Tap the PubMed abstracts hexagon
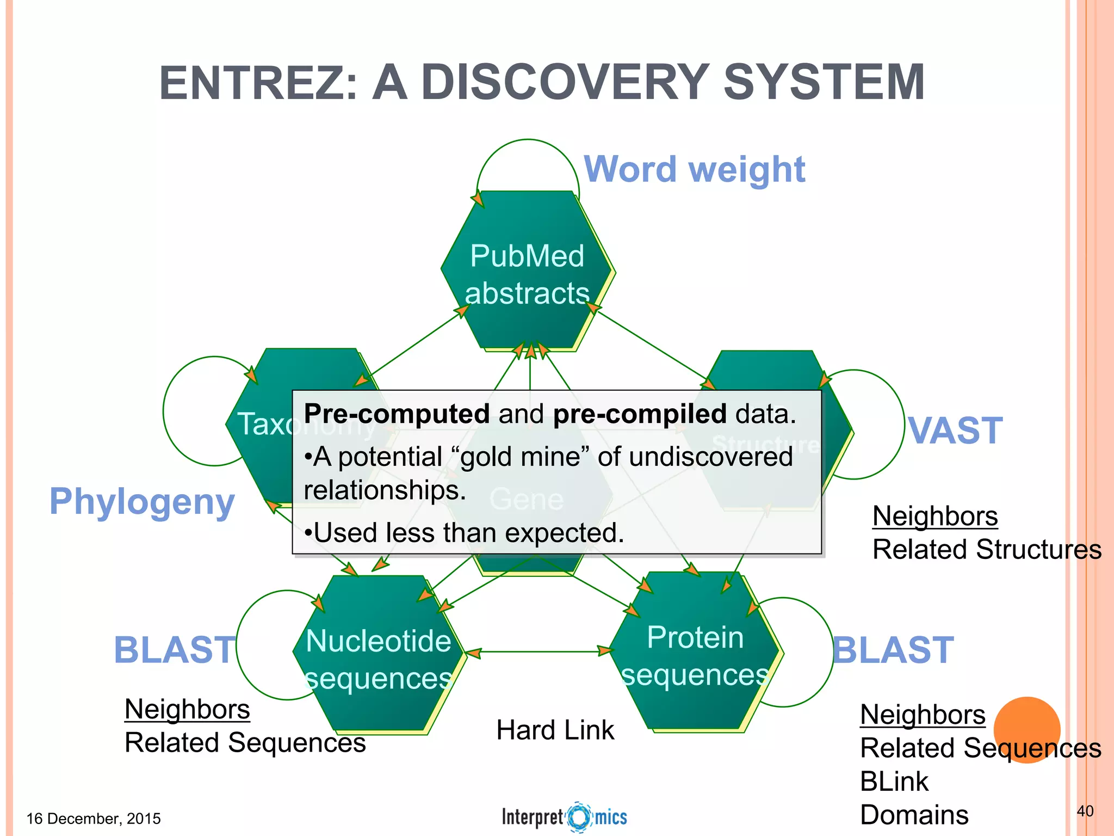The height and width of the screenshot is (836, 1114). [527, 272]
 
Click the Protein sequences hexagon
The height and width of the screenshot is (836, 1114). [695, 653]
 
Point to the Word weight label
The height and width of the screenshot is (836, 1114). [694, 169]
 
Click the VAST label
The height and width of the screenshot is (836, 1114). [955, 431]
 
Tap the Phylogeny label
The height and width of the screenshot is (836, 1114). [142, 501]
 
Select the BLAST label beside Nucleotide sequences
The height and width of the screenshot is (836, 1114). [174, 650]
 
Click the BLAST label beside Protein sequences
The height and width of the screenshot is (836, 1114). [893, 650]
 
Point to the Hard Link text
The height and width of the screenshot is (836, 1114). [555, 730]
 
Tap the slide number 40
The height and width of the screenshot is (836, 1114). [1085, 811]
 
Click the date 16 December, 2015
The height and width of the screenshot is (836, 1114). [94, 819]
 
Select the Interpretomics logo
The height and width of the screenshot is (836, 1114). [564, 817]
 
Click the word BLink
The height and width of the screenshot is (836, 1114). [894, 782]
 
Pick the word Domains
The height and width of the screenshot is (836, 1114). [914, 815]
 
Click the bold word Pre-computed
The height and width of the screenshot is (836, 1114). [397, 414]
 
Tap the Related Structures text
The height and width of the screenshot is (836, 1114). [987, 549]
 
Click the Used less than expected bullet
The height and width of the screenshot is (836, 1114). [464, 532]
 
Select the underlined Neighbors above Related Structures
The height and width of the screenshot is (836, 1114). [934, 516]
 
